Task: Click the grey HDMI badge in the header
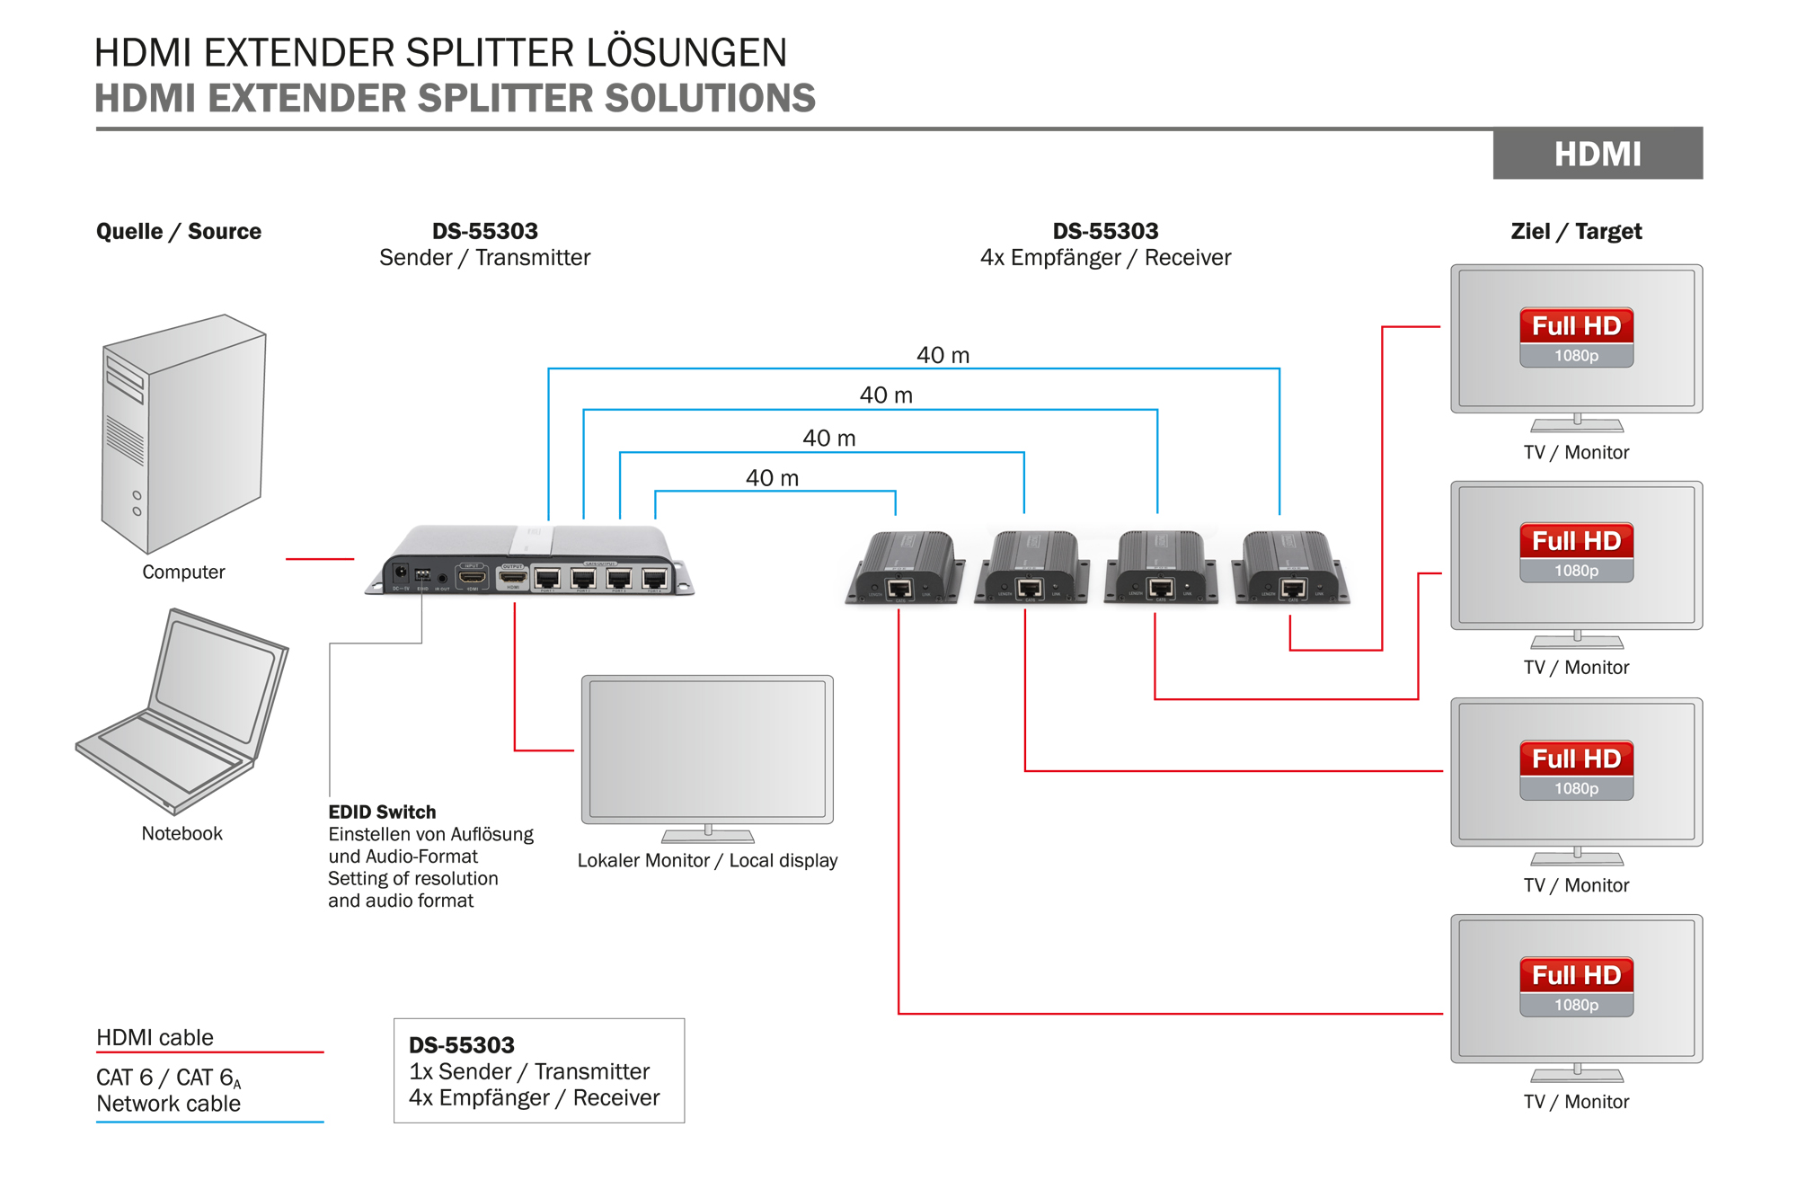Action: [x=1597, y=154]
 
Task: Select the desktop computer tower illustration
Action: [x=183, y=433]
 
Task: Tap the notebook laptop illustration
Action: [x=184, y=710]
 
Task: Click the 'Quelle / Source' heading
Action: [x=179, y=231]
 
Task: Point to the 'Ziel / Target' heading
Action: [x=1576, y=231]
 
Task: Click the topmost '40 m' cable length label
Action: [x=943, y=355]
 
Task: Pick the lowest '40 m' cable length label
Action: [x=772, y=478]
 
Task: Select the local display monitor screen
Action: [x=707, y=749]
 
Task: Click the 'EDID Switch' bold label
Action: [x=382, y=812]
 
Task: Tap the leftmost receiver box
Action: [x=905, y=568]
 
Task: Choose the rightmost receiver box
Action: [x=1292, y=568]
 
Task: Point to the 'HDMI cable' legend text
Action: [x=155, y=1037]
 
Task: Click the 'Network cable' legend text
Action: [x=168, y=1104]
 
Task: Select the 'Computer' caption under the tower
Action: [x=183, y=572]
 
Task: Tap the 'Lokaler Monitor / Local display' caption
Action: [x=707, y=860]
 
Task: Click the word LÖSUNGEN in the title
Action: [x=686, y=52]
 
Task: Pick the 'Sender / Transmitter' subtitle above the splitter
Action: [x=484, y=258]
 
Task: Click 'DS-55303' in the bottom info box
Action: [x=462, y=1045]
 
